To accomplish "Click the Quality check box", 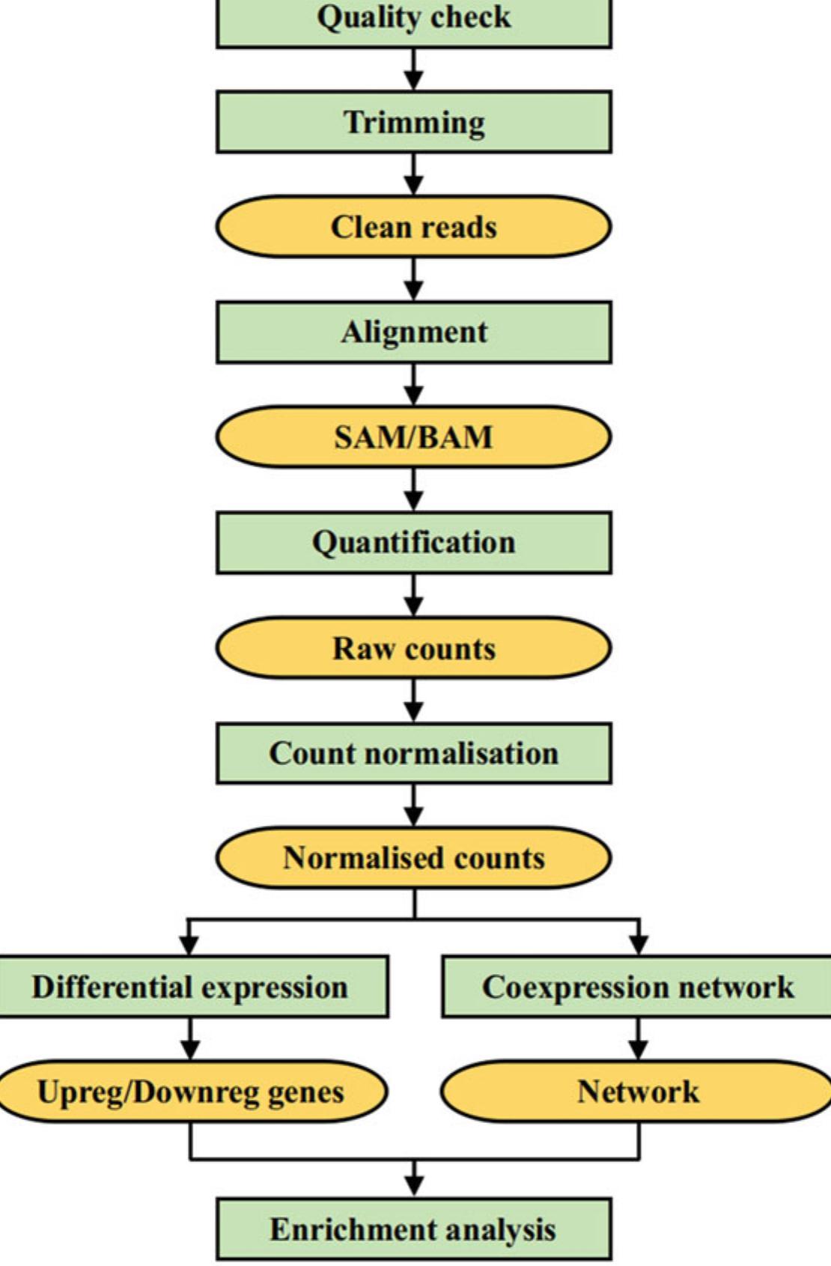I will (413, 21).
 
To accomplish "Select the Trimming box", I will (413, 122).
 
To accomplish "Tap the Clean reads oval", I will (413, 227).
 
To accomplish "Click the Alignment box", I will (413, 332).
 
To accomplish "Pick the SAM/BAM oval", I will (413, 437).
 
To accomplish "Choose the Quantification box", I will (413, 543).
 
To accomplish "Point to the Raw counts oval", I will (413, 648).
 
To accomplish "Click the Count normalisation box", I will (413, 753).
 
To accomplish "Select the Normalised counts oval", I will (413, 858).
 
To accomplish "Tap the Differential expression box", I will (191, 987).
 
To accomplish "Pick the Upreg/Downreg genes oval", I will (191, 1092).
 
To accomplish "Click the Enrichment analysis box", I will (413, 1229).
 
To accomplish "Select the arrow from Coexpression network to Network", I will (638, 1039).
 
